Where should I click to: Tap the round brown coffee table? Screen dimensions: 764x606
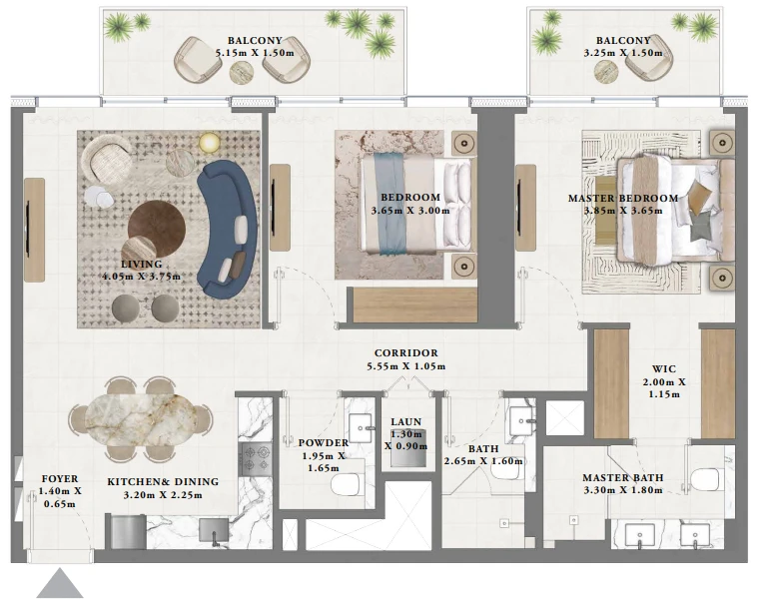click(157, 228)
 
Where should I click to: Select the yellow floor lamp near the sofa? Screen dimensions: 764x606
click(209, 142)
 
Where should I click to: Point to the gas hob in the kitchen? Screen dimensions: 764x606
click(255, 459)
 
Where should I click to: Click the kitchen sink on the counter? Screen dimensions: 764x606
click(214, 531)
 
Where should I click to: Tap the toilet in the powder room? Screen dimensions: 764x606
click(345, 484)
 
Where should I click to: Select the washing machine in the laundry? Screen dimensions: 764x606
click(408, 448)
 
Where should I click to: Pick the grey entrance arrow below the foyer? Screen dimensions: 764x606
click(60, 583)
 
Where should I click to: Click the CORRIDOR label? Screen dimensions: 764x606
click(405, 353)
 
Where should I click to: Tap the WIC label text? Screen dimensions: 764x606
click(663, 369)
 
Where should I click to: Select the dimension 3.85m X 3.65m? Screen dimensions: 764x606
click(623, 211)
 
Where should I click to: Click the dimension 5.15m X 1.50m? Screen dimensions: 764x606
click(255, 53)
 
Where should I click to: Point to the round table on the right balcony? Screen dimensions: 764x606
click(606, 72)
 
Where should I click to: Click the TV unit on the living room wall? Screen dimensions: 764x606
click(34, 230)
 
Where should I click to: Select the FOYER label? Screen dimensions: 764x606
click(60, 479)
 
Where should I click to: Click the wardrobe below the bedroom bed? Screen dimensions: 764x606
click(415, 304)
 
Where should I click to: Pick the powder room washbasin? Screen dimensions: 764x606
click(361, 427)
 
